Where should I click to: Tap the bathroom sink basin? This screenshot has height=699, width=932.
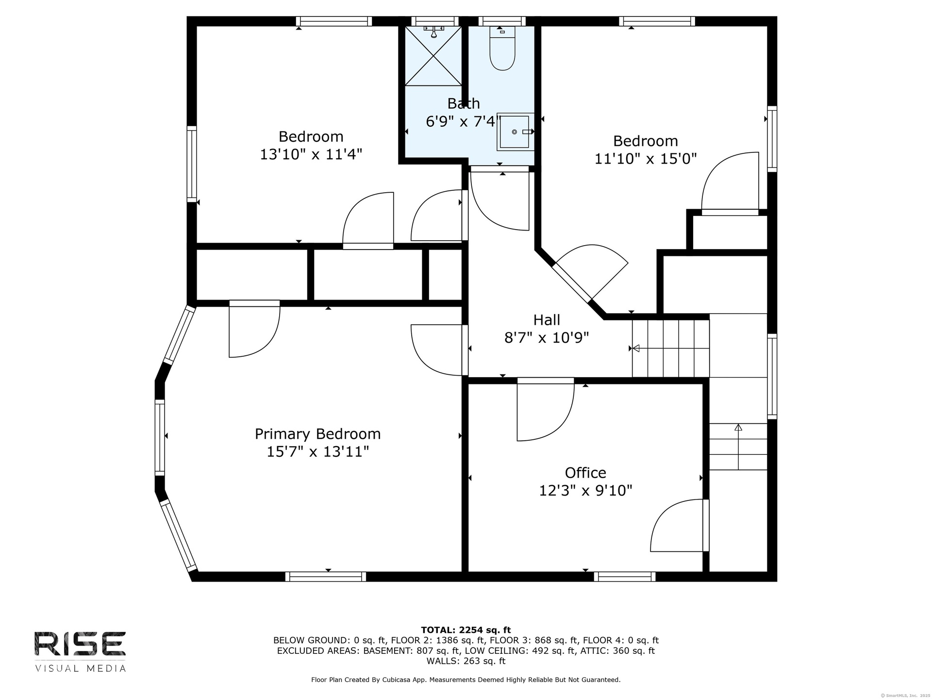point(515,132)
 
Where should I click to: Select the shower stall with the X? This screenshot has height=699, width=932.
point(433,55)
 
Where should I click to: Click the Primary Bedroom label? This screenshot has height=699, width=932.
point(318,433)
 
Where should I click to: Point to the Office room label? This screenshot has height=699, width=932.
point(585,473)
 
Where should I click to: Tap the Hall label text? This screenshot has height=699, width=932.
point(547,320)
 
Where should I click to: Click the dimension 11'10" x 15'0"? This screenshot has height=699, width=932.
point(646,159)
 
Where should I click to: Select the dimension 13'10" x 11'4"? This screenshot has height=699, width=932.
point(311,154)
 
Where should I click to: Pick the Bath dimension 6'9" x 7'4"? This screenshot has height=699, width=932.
point(463,121)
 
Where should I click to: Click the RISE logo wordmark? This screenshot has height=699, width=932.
point(80,643)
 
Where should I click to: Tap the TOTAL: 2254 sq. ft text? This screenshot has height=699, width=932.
point(466,630)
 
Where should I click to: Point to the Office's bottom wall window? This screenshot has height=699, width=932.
point(625,577)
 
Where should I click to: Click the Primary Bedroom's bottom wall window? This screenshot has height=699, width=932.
point(326,577)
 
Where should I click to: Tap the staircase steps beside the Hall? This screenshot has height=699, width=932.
point(670,348)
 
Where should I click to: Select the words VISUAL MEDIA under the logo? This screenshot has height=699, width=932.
point(80,668)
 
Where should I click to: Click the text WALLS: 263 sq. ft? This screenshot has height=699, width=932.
point(466,661)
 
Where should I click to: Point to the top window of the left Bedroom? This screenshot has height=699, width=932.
point(333,21)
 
